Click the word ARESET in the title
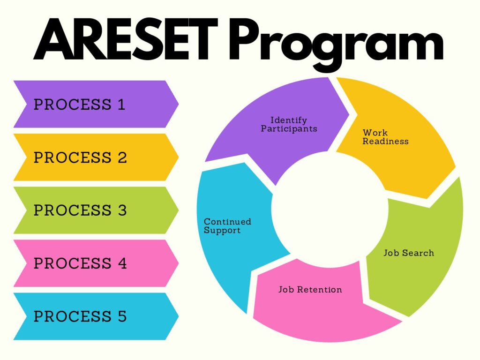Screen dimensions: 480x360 point(126,39)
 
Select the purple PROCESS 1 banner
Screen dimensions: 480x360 point(96,104)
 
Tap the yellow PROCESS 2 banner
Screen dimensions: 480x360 point(96,157)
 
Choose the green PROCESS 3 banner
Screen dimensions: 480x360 point(96,210)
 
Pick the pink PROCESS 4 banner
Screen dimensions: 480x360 point(96,263)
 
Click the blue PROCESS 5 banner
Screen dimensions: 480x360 point(96,316)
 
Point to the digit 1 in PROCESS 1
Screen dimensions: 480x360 point(122,105)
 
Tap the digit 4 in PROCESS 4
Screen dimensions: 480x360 point(122,263)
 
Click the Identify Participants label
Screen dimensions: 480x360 point(289,124)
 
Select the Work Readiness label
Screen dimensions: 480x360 point(385,137)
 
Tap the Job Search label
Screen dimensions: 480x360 point(409,253)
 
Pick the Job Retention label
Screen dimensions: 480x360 point(310,290)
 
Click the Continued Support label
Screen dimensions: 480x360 point(227,226)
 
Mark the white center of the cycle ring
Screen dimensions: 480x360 point(330,209)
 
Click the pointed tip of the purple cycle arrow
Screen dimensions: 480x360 point(349,115)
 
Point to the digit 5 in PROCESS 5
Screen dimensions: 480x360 point(122,316)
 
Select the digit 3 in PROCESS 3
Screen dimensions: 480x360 point(122,210)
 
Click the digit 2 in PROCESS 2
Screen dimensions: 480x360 point(122,157)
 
